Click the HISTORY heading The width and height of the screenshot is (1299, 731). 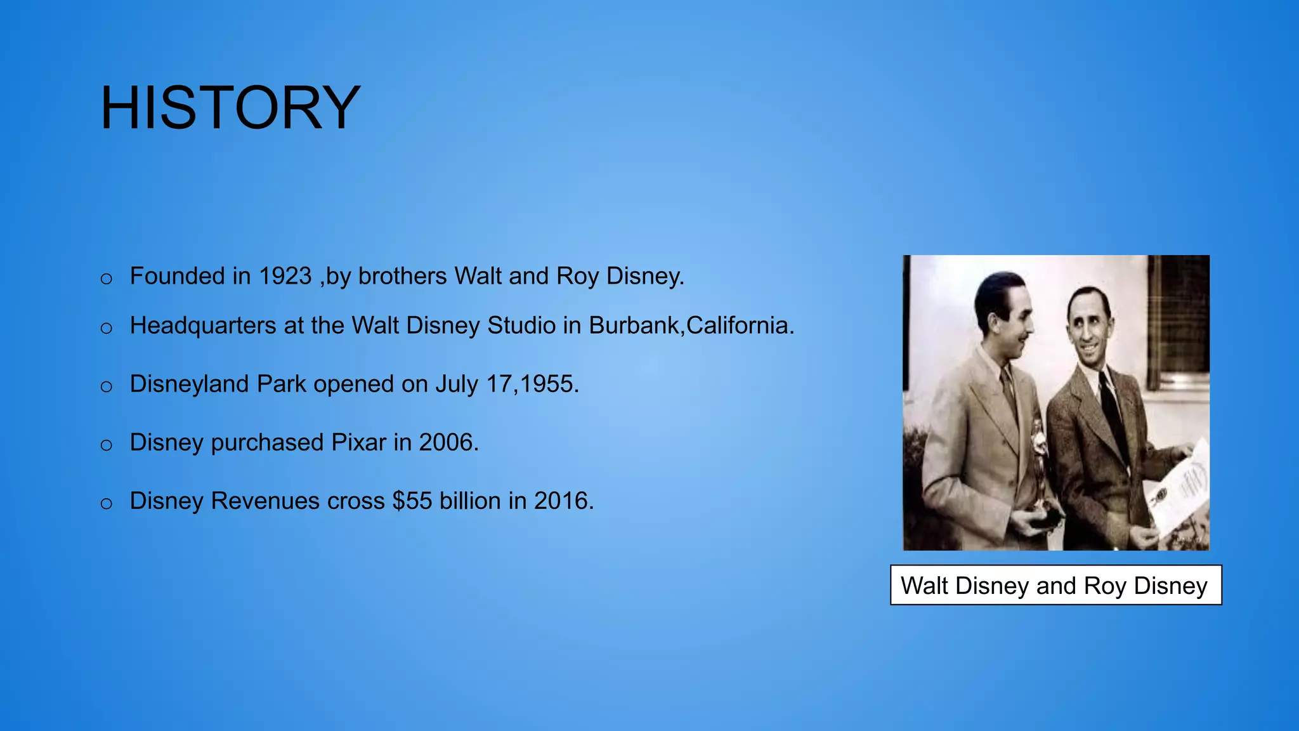click(230, 108)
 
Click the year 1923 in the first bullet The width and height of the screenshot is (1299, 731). click(285, 277)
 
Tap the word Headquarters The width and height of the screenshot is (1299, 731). click(202, 326)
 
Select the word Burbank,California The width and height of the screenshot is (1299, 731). click(691, 326)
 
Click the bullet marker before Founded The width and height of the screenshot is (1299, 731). click(107, 279)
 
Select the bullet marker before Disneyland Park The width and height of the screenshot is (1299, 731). click(107, 387)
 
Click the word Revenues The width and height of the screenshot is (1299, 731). click(265, 501)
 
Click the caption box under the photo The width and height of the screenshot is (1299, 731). click(1055, 585)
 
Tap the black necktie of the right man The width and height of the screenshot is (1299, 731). click(1114, 412)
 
